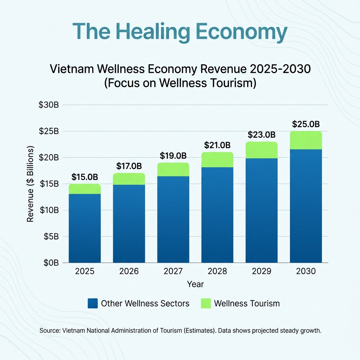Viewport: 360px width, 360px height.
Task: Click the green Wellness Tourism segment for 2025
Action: pos(84,189)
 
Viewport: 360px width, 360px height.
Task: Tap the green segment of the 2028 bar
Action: pos(217,160)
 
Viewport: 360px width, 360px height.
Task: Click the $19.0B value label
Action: pos(173,155)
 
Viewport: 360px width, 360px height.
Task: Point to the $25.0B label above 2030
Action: pos(306,124)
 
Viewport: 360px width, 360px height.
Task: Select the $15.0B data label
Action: pos(84,176)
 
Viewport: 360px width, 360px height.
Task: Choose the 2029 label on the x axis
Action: pos(262,271)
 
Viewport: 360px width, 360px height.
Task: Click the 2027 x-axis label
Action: pos(173,271)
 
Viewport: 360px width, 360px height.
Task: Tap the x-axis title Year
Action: pos(195,284)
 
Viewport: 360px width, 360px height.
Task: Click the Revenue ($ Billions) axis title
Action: pos(30,184)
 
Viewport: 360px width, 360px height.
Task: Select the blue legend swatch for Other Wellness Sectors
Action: pos(93,303)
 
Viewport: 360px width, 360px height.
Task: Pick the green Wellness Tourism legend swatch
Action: pos(205,303)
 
